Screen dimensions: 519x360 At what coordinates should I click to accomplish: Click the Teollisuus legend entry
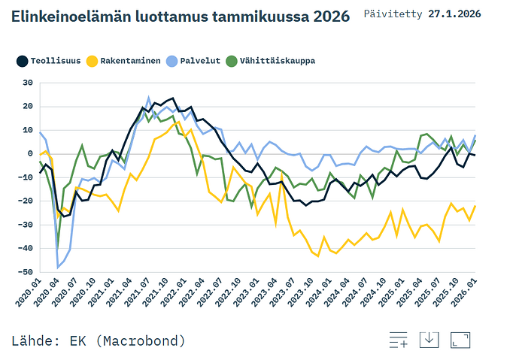coord(49,61)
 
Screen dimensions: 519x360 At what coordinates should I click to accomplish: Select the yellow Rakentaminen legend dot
coord(92,61)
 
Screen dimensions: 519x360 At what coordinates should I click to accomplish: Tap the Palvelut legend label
coord(200,61)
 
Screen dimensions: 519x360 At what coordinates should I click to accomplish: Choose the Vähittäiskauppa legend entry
coord(271,61)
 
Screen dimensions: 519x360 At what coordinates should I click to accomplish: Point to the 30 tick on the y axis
coord(28,83)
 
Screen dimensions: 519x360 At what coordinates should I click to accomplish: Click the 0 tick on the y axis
coord(30,154)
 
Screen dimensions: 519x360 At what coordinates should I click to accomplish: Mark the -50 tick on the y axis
coord(26,272)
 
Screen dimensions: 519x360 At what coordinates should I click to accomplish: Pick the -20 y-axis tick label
coord(26,201)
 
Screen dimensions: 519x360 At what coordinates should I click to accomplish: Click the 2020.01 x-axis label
coord(29,292)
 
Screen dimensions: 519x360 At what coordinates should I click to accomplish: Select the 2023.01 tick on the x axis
coord(247,292)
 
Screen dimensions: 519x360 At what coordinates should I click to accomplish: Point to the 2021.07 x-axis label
coord(138,292)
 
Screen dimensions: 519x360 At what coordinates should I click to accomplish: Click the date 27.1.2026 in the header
coord(454,14)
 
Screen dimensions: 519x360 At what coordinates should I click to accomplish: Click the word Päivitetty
coord(393,14)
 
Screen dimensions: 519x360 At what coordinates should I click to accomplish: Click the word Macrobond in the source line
coord(142,340)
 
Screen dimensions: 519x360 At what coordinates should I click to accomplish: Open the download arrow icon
coord(429,340)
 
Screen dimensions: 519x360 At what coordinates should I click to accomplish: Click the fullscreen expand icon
coord(460,340)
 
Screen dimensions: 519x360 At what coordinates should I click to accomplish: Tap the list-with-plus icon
coord(399,340)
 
